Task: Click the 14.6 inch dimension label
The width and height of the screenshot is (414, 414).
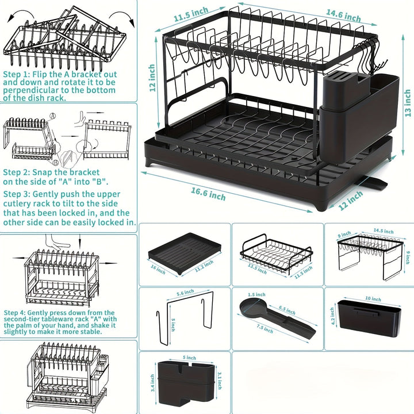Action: tap(344, 14)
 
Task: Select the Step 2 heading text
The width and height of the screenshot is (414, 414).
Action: tap(15, 172)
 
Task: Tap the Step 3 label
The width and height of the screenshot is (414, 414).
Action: tap(15, 195)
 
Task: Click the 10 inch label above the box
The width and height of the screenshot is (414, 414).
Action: tap(372, 299)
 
